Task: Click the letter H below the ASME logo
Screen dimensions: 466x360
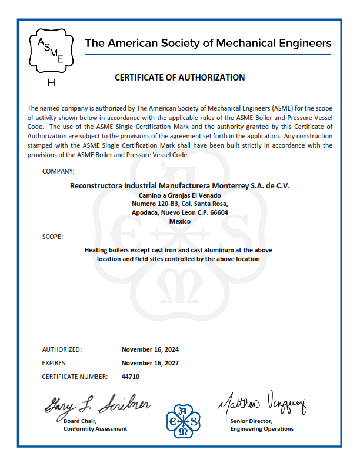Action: [x=51, y=83]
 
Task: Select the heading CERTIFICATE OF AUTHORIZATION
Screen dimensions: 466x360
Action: [x=179, y=78]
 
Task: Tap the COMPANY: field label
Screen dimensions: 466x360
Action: [x=58, y=171]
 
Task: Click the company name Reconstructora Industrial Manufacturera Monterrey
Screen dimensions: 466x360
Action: [x=179, y=185]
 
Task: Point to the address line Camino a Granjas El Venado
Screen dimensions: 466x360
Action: [x=179, y=195]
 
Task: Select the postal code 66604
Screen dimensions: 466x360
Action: [x=219, y=212]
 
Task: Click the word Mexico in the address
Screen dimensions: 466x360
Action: [x=179, y=221]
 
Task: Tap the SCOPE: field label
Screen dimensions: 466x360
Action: [x=52, y=237]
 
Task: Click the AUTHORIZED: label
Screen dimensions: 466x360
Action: [x=62, y=349]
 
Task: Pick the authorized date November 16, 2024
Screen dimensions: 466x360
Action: [x=150, y=349]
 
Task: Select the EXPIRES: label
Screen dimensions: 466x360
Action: [x=55, y=363]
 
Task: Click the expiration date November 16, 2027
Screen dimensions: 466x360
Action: [x=150, y=363]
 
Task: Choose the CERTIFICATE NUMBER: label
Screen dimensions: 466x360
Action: [x=75, y=377]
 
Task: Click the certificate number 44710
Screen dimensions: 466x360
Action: [x=130, y=377]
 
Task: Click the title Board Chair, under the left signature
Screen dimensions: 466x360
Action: [x=80, y=421]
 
